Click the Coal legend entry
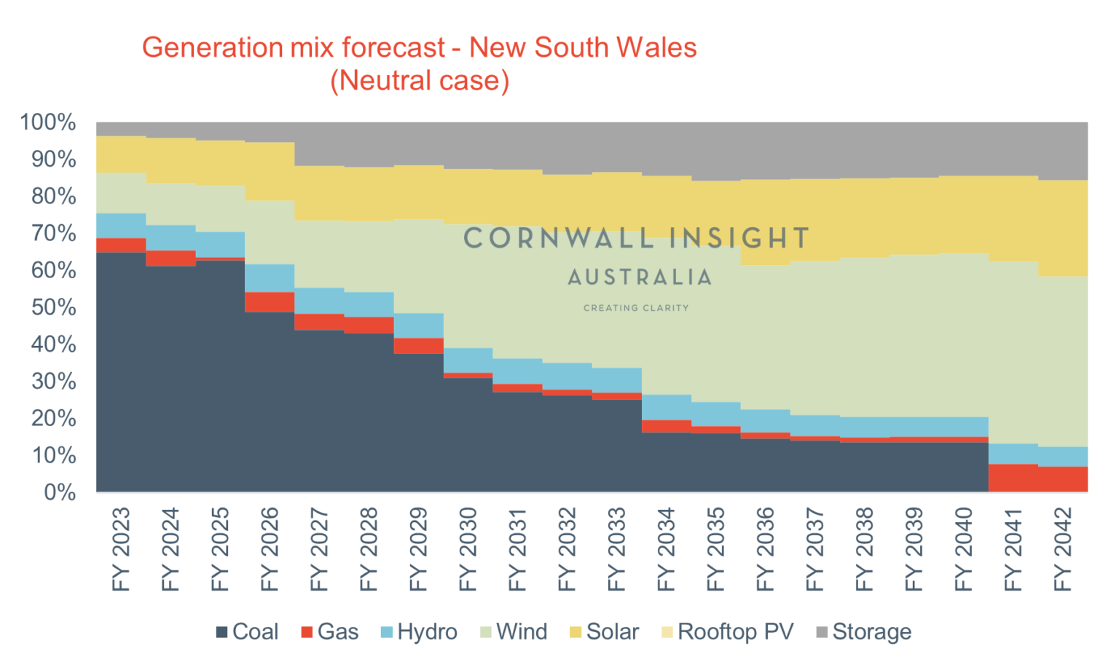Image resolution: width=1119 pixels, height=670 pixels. [248, 631]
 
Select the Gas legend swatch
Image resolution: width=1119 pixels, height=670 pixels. [307, 632]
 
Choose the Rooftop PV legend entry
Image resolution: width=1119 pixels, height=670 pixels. [727, 631]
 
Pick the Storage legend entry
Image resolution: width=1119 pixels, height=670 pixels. [864, 631]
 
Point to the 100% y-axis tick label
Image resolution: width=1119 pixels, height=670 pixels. [48, 122]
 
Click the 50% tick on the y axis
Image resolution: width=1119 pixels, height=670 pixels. [53, 307]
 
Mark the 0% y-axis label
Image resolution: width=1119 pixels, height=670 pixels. [60, 492]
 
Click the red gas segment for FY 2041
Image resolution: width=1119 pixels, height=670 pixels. [1013, 478]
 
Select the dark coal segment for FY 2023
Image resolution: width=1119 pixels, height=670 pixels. [121, 371]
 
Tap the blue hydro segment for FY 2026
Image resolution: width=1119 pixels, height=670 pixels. [270, 278]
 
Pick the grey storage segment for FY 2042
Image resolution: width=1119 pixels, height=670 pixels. [1063, 151]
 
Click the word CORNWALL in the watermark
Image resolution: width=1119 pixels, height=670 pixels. [558, 238]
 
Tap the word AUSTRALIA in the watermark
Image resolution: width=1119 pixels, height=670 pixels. [640, 277]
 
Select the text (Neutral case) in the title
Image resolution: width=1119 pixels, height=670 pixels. [420, 80]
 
